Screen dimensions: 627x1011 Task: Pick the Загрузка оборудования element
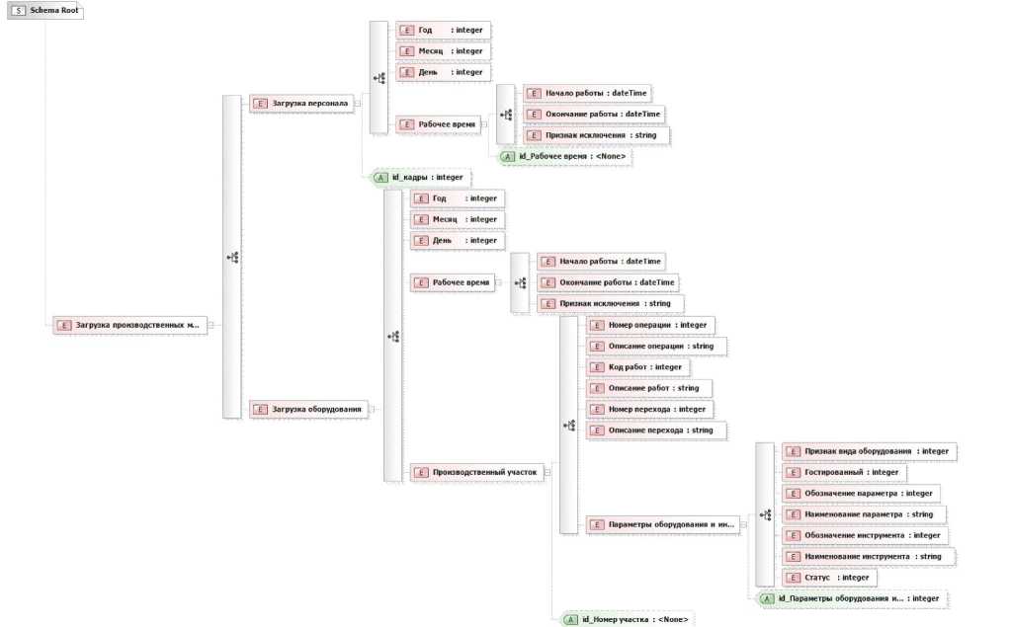point(310,408)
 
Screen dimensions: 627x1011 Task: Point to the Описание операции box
point(656,347)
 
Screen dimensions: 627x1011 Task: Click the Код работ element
point(638,367)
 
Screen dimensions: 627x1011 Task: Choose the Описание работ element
point(648,388)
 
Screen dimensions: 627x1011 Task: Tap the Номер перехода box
point(649,409)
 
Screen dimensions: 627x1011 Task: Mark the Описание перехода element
point(656,431)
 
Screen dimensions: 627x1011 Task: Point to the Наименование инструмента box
point(866,557)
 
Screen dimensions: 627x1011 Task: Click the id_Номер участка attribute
point(628,620)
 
